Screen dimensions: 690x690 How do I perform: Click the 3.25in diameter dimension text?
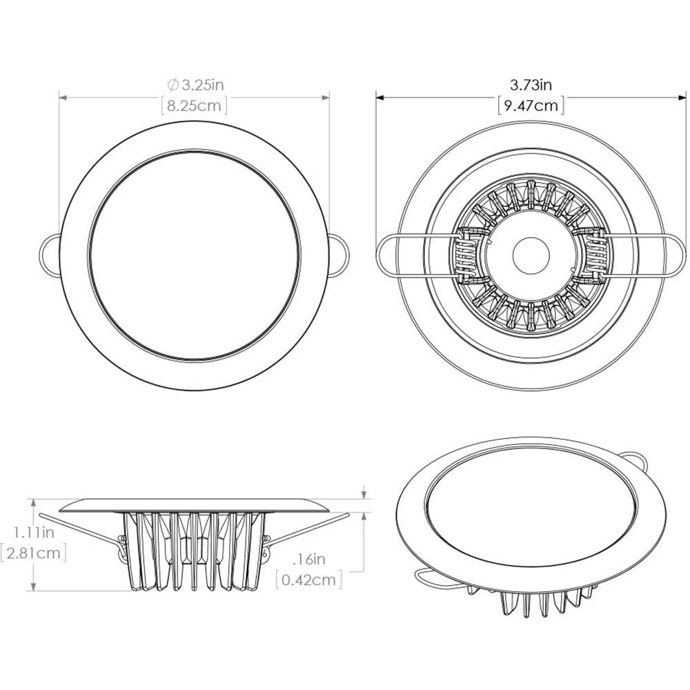[x=201, y=85]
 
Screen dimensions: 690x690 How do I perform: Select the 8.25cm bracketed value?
[x=194, y=106]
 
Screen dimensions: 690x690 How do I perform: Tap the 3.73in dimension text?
[x=531, y=85]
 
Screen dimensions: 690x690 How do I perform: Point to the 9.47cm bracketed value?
[x=531, y=106]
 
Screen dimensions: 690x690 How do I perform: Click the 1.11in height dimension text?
[x=32, y=532]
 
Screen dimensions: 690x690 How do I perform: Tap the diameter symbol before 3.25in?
[x=174, y=85]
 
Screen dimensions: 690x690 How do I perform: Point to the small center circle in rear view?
[x=531, y=253]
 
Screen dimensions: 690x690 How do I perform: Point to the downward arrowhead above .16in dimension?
[x=364, y=495]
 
